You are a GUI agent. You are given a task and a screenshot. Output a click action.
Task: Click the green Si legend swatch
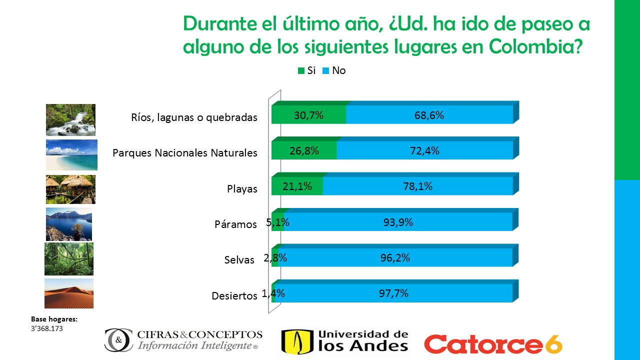click(x=301, y=71)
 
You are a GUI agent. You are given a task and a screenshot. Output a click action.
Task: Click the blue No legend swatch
click(x=325, y=71)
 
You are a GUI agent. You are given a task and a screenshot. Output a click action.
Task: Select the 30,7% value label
click(x=308, y=115)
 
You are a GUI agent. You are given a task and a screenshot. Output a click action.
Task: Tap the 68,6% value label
click(x=429, y=115)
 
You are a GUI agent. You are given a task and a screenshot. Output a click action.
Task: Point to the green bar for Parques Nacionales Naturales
click(x=303, y=150)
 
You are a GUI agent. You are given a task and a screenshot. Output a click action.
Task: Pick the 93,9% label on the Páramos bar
click(x=398, y=222)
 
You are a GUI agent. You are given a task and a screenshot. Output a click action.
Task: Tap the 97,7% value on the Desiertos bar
click(x=393, y=293)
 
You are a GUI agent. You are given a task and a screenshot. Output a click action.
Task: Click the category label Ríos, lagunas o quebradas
click(x=194, y=117)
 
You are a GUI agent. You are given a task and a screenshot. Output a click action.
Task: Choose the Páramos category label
click(x=235, y=224)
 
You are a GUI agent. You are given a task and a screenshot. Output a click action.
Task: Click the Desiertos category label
click(x=234, y=295)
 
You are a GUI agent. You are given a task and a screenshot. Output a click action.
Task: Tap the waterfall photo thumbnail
click(x=70, y=120)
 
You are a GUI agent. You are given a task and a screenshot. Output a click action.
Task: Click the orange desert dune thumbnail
click(x=69, y=293)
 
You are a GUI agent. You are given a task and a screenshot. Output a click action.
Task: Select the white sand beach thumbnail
click(x=71, y=155)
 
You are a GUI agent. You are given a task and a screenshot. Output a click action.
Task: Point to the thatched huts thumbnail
click(x=70, y=189)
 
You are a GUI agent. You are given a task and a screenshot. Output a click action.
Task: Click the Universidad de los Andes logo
click(x=344, y=341)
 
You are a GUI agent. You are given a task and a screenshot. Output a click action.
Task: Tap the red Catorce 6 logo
click(x=493, y=343)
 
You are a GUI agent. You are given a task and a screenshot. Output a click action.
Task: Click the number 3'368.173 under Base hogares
click(x=47, y=328)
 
